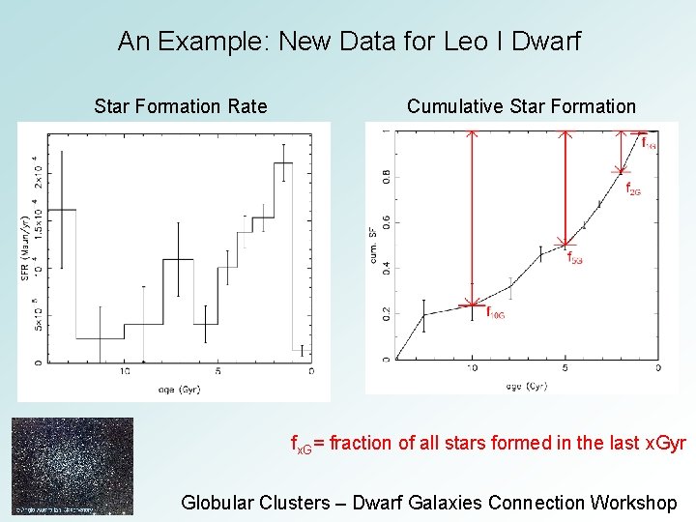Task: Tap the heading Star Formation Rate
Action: tap(181, 106)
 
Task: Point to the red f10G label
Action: tap(495, 313)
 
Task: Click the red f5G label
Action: tap(576, 258)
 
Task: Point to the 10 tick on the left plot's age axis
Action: tap(125, 371)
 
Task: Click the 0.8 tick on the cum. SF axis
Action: tap(386, 177)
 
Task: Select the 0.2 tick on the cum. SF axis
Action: tap(386, 313)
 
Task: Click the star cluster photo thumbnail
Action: tap(72, 466)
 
